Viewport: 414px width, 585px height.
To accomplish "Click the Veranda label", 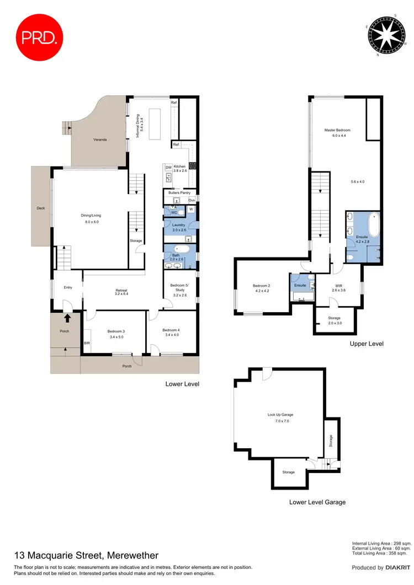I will [x=100, y=139].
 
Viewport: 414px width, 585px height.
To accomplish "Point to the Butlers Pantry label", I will [x=179, y=192].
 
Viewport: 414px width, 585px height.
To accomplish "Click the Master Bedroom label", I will [x=337, y=130].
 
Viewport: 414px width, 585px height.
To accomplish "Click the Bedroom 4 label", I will [x=171, y=331].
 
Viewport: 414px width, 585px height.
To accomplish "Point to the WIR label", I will [x=337, y=287].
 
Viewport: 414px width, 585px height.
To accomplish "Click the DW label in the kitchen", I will [x=167, y=167].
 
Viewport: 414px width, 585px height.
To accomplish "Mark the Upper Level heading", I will [x=367, y=344].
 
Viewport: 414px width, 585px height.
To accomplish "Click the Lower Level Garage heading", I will [x=317, y=502].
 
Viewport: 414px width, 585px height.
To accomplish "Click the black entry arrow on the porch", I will [x=67, y=318].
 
